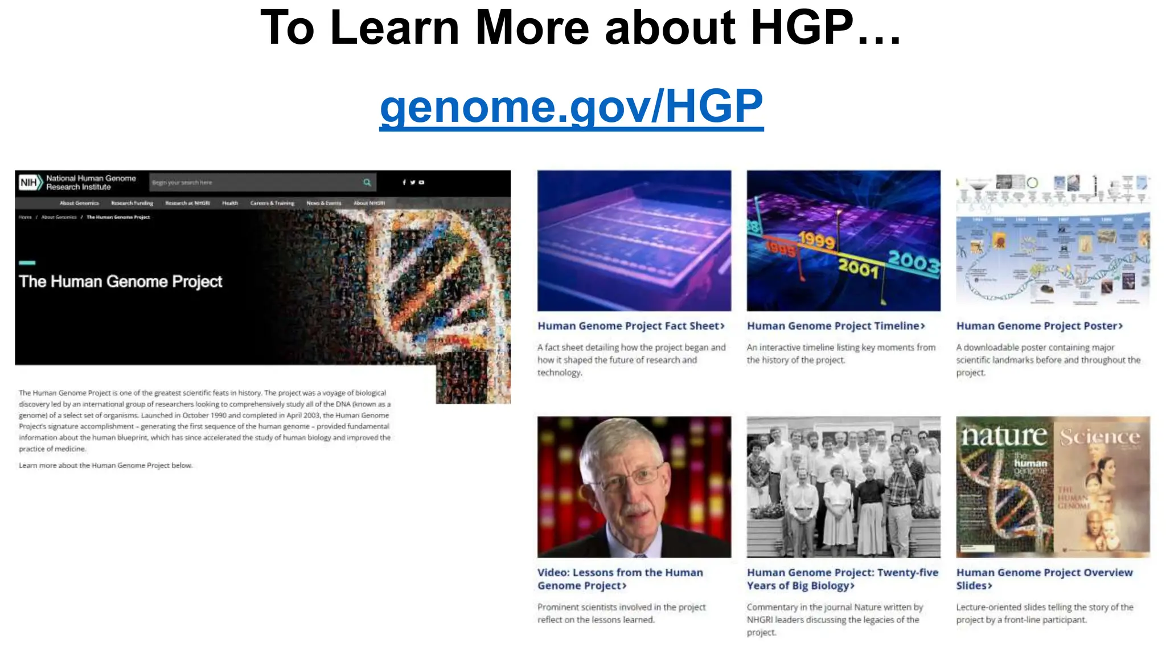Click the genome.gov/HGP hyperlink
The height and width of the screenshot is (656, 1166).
point(571,106)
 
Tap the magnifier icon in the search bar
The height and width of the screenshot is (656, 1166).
point(367,182)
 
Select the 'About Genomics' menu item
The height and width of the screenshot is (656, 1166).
point(79,203)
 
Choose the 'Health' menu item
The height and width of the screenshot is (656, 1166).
point(230,203)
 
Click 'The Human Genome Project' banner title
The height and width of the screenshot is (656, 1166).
point(120,281)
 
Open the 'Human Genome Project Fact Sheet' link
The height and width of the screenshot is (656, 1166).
point(630,326)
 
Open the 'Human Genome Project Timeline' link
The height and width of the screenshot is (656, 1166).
point(835,326)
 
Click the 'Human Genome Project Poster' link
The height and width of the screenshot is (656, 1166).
point(1039,326)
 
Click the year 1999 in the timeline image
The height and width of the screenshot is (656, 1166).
point(816,240)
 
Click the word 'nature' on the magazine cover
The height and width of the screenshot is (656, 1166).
point(1004,436)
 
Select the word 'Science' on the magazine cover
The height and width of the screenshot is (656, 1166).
point(1099,437)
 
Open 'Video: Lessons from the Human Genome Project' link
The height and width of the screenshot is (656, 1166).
point(619,579)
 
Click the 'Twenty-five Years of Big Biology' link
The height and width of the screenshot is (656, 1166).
point(842,579)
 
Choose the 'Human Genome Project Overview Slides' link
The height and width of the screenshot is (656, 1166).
point(1044,579)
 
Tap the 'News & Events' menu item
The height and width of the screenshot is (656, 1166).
point(323,203)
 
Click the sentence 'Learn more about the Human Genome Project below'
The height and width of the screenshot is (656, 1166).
point(105,465)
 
